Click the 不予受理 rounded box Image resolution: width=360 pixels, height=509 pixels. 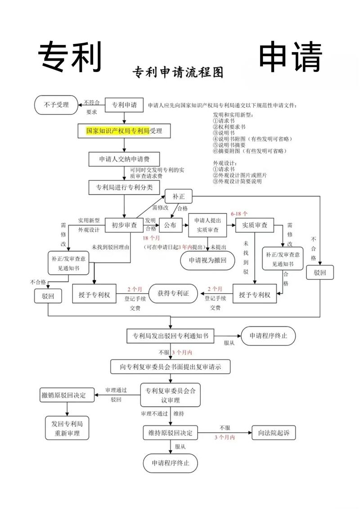coord(57,105)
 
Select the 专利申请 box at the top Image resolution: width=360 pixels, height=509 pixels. coord(124,105)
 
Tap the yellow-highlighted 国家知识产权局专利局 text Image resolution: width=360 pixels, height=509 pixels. coord(118,131)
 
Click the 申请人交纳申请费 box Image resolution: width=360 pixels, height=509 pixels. coord(124,159)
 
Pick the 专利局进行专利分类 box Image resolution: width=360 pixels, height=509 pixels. coord(124,187)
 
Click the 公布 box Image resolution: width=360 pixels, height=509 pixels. coord(170,225)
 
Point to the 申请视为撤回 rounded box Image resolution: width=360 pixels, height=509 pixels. coord(207,260)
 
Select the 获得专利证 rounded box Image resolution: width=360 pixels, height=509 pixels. coord(173,294)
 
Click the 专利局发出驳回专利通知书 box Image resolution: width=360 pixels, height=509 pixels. coord(171,336)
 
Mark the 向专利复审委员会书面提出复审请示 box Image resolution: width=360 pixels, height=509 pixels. coord(171,366)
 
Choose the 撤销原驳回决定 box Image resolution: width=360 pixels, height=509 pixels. coord(67,395)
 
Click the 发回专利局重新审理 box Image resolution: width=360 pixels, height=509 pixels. coord(67,429)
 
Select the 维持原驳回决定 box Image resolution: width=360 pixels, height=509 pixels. coord(171,433)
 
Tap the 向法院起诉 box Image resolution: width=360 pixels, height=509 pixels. coord(274,433)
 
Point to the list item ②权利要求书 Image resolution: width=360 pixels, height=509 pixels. coord(229,127)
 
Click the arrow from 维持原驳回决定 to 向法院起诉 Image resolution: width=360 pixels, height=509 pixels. coord(225,433)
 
